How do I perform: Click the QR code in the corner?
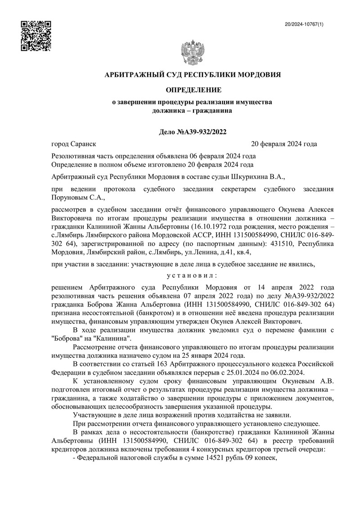[x=36, y=36]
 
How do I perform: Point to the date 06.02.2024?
[x=287, y=372]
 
